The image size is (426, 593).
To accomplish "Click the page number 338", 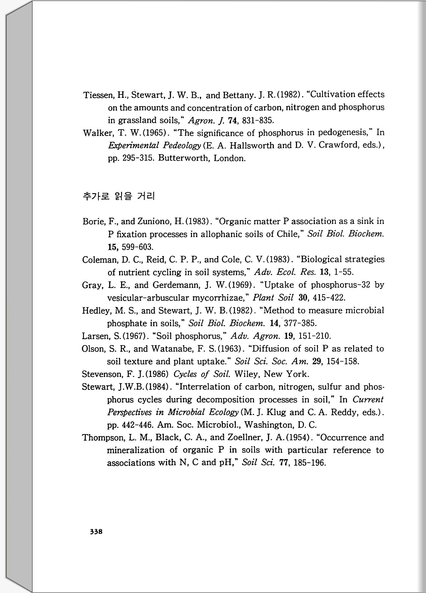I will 96,532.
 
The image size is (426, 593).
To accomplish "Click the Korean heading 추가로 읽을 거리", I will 118,196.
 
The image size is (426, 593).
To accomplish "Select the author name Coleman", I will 100,260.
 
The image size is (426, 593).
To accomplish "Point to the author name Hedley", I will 96,311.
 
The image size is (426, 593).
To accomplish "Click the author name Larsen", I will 96,336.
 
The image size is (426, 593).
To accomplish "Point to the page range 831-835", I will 258,120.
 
